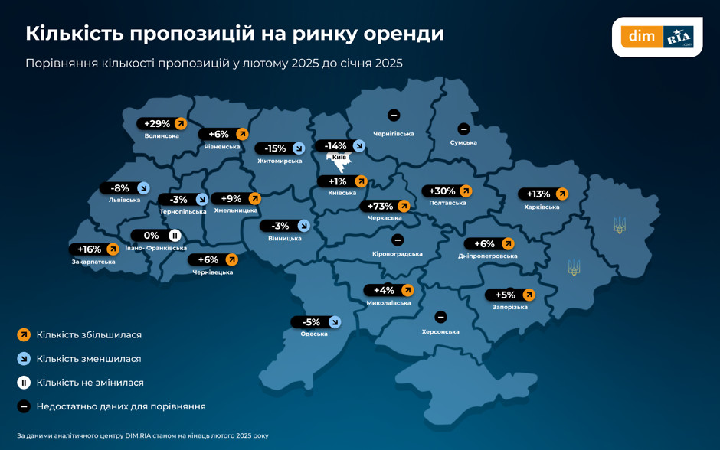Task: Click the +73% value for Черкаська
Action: (381, 206)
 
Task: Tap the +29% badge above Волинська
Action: (157, 124)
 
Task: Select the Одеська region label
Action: (314, 334)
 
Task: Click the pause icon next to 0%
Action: (175, 236)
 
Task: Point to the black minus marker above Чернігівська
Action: (394, 116)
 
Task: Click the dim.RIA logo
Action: (657, 37)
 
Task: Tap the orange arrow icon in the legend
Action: (24, 334)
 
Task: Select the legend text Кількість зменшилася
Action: (89, 359)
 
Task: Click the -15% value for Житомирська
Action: (275, 148)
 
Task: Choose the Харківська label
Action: (542, 207)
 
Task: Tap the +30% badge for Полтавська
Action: (442, 191)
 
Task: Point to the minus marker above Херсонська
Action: (440, 317)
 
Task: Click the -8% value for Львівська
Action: (120, 188)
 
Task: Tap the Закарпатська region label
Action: (93, 262)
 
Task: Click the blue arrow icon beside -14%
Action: (359, 146)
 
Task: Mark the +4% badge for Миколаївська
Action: (384, 291)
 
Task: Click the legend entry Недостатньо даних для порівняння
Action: (121, 407)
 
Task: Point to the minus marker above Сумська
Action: (463, 129)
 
